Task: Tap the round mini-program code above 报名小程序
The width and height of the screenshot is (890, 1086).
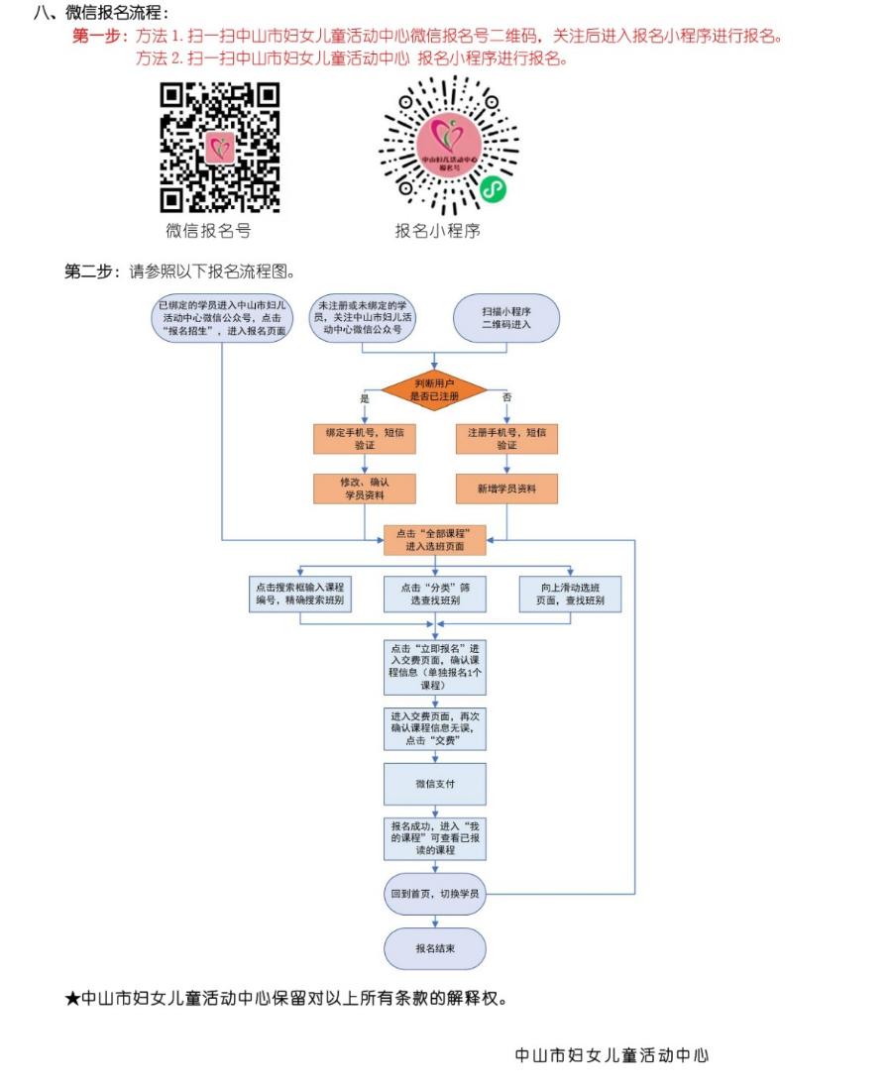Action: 449,148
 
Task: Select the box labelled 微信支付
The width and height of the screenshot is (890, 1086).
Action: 435,784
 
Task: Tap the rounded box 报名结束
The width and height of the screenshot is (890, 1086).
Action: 435,948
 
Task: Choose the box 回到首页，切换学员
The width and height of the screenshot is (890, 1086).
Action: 435,893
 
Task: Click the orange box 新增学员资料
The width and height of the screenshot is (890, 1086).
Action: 506,489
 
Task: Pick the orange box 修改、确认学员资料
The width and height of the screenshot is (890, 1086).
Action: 364,489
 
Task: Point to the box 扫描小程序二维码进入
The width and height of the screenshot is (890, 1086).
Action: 506,318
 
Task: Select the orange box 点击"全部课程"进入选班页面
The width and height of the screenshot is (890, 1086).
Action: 435,540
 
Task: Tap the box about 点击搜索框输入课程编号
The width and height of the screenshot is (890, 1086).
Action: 299,594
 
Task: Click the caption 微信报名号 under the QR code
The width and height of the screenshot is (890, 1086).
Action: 208,231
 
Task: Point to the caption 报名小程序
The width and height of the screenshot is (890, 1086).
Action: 437,232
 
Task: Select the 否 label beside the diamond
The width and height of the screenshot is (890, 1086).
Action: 506,397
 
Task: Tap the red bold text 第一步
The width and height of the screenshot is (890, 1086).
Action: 95,36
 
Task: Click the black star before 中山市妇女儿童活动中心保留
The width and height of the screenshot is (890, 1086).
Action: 72,999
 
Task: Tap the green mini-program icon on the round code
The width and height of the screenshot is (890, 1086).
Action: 493,189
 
